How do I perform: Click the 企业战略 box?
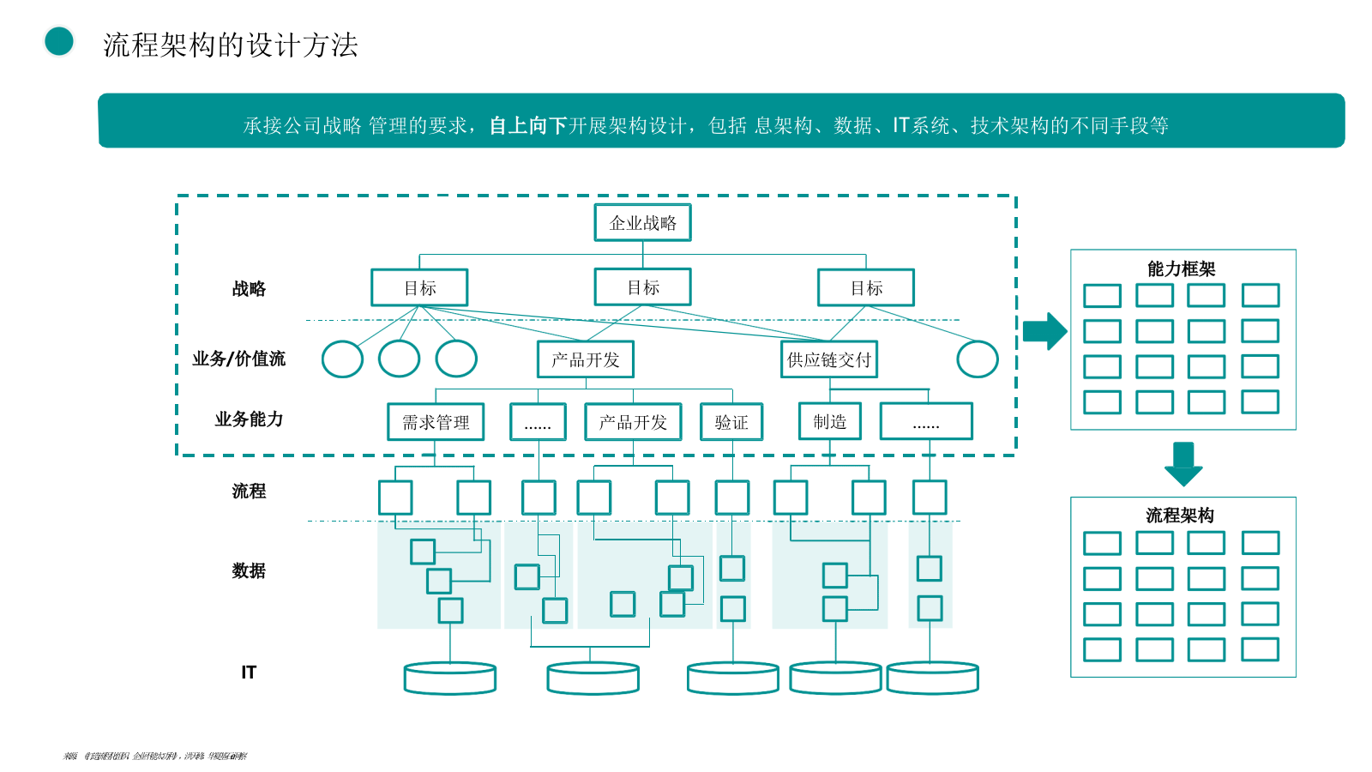coord(642,222)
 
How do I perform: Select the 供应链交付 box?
coord(829,359)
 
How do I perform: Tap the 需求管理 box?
coord(436,422)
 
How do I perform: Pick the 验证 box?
coord(731,422)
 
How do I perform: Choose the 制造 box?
coord(830,421)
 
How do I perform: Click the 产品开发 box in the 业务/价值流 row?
coord(586,359)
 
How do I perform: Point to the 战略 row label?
coord(249,289)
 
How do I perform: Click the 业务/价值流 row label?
coord(238,359)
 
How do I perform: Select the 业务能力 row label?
coord(249,419)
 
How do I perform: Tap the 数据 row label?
coord(249,570)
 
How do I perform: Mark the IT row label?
coord(249,672)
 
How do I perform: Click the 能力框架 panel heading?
coord(1182,268)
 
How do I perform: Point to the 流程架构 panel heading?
coord(1180,515)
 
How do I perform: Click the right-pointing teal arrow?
coord(1044,331)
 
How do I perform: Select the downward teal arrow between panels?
coord(1183,463)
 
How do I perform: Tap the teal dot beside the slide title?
coord(59,41)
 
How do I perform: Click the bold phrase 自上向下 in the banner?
coord(528,126)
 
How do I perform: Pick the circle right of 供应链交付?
coord(978,359)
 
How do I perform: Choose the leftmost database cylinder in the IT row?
coord(450,678)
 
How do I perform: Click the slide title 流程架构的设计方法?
coord(231,45)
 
